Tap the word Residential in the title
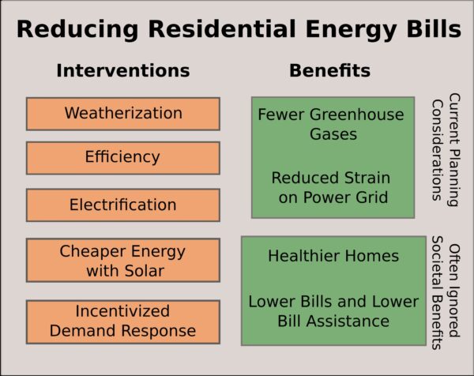(222, 28)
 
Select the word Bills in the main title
(434, 28)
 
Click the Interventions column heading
(123, 70)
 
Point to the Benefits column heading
(329, 70)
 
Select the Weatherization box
(123, 114)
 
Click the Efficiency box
(123, 158)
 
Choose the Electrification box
(123, 205)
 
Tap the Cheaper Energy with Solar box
(123, 260)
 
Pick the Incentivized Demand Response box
(123, 322)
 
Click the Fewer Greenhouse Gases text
(331, 124)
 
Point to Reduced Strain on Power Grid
(331, 187)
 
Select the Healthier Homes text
(333, 256)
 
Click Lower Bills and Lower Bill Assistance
(333, 311)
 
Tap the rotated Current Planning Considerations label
(446, 150)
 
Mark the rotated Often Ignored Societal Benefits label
(446, 292)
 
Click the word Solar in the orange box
(145, 270)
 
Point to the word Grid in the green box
(374, 197)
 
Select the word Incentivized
(122, 311)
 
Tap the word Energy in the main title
(352, 30)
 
